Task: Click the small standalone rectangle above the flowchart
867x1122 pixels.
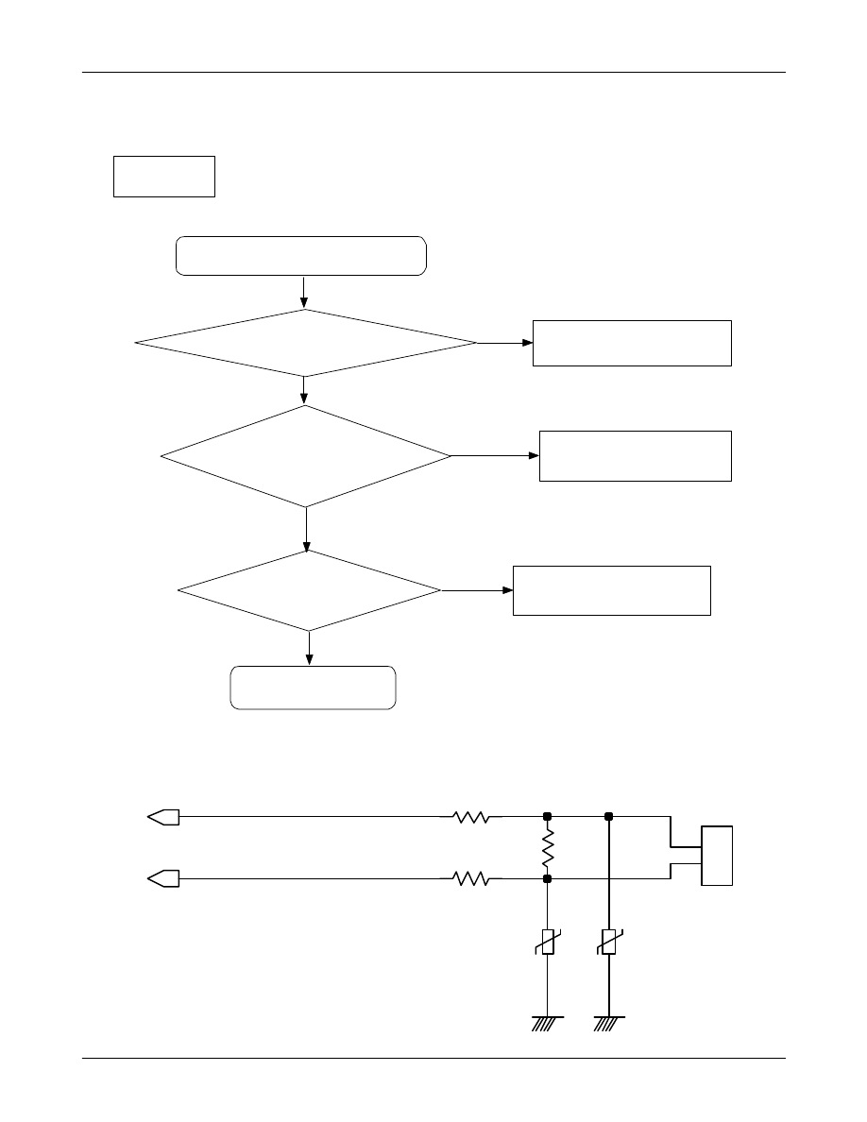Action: pos(164,177)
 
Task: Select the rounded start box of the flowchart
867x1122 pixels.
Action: pos(301,256)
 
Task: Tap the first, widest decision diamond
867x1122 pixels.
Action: pos(306,343)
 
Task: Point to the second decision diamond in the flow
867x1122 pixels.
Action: pos(306,457)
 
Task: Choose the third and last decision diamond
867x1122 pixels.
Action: pos(309,591)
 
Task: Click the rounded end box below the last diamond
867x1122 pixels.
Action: pos(313,688)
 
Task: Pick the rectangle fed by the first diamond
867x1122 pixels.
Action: pos(632,343)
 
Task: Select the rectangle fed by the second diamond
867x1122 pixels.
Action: pos(635,456)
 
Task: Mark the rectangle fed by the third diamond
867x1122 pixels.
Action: pos(611,591)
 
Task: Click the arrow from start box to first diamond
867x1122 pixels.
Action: pos(304,292)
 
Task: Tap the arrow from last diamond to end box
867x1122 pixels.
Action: pos(310,648)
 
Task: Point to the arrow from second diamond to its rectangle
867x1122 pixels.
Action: pos(495,456)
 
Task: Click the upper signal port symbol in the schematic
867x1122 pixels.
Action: pos(163,817)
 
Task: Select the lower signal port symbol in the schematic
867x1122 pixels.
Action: pos(163,879)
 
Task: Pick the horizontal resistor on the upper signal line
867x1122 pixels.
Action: pos(471,817)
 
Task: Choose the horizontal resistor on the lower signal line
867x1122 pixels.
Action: pos(471,879)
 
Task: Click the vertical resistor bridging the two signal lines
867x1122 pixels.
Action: pos(547,848)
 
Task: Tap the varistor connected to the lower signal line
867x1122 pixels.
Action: pos(547,942)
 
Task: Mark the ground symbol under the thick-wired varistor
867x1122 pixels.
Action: pos(609,1022)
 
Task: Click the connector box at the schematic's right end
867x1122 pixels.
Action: pos(717,855)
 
